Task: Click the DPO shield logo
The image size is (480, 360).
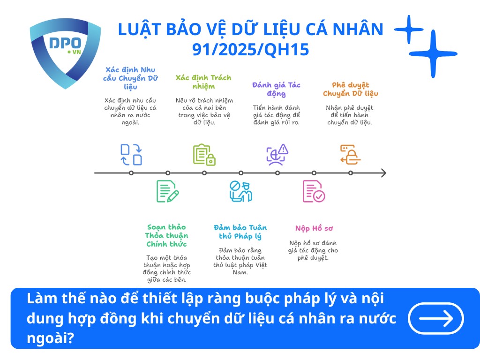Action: click(x=65, y=52)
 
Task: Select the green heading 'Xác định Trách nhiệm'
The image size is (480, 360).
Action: click(x=203, y=82)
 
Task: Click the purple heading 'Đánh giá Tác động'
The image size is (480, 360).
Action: click(x=276, y=89)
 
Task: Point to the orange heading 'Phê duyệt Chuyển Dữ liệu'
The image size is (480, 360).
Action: click(x=350, y=89)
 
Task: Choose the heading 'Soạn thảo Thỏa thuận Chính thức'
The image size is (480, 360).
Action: click(x=166, y=236)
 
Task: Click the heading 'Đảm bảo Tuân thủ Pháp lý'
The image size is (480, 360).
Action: click(x=240, y=232)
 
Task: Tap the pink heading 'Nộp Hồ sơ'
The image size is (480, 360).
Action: click(x=314, y=228)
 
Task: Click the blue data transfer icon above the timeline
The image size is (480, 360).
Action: click(x=131, y=155)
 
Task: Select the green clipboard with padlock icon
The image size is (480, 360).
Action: click(x=204, y=155)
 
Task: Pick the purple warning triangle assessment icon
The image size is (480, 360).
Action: click(x=277, y=155)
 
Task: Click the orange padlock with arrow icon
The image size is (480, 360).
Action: click(x=350, y=155)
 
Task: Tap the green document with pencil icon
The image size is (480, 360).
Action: click(x=167, y=191)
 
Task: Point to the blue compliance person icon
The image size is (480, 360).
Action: click(x=240, y=191)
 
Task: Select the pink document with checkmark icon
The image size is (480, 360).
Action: click(x=314, y=191)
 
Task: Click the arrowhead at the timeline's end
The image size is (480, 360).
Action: click(x=383, y=173)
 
